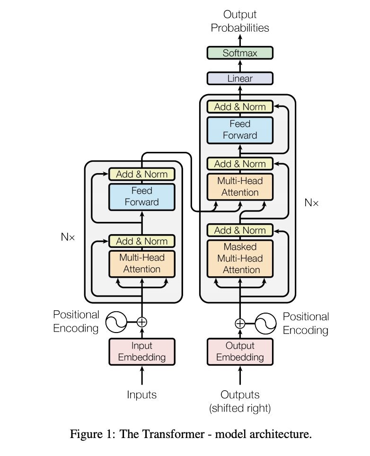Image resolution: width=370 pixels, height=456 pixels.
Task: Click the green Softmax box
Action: (240, 53)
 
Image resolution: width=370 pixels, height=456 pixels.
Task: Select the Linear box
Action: (240, 79)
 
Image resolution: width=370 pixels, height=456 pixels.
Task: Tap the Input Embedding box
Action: (141, 351)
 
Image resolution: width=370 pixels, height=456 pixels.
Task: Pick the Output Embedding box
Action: (240, 351)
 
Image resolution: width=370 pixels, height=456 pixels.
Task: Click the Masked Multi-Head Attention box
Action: (240, 258)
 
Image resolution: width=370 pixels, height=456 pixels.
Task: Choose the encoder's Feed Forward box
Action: (141, 197)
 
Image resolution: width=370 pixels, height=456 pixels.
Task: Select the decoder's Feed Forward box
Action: (240, 130)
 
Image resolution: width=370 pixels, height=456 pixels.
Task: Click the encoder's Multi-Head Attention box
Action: (141, 263)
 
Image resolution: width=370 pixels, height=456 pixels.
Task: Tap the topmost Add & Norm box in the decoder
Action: (240, 107)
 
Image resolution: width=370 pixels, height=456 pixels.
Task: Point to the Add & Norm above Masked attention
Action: (240, 230)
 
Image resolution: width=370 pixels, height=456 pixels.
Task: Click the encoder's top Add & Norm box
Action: (141, 174)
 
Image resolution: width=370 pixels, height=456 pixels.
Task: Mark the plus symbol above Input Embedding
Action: (141, 322)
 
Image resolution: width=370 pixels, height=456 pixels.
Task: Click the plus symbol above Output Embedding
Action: (240, 324)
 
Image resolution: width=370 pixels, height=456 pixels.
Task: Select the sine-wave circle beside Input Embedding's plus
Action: (116, 322)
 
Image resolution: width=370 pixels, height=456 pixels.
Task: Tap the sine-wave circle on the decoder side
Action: (265, 324)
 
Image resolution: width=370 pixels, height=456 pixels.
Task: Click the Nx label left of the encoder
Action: (68, 237)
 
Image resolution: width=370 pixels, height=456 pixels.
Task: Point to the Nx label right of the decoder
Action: (311, 203)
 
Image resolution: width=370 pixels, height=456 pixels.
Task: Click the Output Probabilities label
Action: (240, 21)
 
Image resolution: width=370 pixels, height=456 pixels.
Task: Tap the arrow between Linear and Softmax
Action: (240, 66)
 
